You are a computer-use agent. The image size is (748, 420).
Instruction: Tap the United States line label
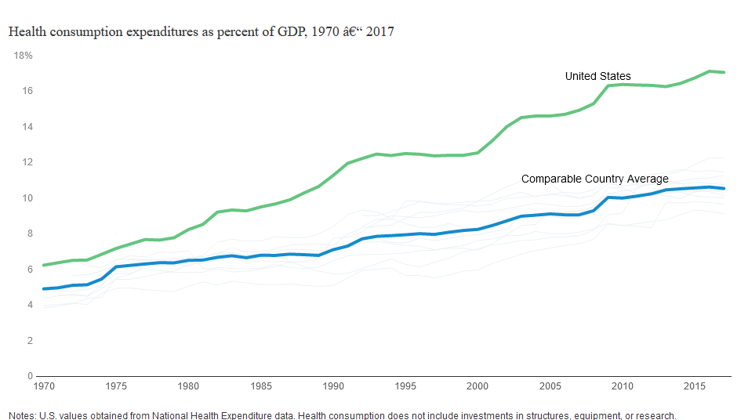(597, 76)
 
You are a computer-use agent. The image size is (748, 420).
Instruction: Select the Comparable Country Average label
(594, 179)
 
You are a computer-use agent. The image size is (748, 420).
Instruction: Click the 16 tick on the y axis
(27, 91)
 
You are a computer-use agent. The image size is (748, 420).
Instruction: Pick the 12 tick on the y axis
(27, 162)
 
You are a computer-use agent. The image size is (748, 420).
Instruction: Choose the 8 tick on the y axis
(29, 234)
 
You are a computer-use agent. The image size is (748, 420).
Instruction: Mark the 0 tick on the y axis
(29, 376)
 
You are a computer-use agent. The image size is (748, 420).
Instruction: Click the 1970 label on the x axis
(43, 386)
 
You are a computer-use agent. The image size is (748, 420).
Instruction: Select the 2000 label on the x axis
(477, 386)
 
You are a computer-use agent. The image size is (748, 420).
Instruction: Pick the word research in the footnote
(652, 415)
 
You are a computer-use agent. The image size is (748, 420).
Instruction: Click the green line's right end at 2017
(724, 72)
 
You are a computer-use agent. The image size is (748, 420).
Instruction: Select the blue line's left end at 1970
(43, 289)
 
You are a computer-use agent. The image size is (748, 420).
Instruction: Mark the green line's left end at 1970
(43, 265)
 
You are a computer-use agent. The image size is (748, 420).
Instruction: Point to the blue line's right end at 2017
(724, 188)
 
